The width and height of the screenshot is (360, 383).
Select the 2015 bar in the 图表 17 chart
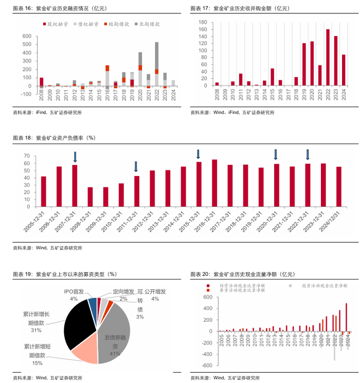pos(272,77)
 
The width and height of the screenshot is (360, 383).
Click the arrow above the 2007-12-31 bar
pos(75,156)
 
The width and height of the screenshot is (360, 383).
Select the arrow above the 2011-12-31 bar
pos(136,166)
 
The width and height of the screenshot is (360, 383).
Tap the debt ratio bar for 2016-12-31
pos(214,183)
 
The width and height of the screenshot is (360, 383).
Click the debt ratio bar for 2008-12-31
pos(91,197)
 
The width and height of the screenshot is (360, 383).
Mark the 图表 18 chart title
pos(55,138)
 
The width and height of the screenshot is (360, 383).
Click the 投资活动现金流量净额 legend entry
pos(321,285)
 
